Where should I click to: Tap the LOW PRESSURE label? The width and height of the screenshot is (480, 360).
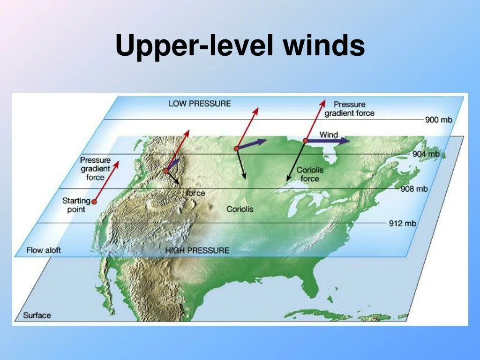click(200, 103)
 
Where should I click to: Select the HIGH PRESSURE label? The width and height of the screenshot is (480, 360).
click(197, 250)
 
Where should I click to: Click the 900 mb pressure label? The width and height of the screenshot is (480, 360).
click(439, 120)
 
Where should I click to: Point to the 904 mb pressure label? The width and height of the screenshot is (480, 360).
click(426, 154)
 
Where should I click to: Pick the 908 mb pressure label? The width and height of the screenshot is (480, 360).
click(414, 189)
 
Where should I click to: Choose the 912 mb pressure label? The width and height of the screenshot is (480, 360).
click(403, 223)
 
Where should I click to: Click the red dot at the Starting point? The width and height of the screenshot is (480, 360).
click(94, 202)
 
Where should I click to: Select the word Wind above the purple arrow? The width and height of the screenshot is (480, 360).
click(329, 135)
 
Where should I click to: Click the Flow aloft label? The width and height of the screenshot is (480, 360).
click(44, 250)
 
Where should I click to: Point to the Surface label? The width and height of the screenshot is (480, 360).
click(37, 315)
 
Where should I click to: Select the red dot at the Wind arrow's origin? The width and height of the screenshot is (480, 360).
click(306, 140)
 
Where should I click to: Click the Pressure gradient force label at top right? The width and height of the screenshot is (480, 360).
click(354, 108)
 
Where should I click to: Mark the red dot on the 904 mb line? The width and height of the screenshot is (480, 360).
click(237, 149)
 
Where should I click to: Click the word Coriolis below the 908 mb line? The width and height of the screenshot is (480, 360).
click(240, 209)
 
